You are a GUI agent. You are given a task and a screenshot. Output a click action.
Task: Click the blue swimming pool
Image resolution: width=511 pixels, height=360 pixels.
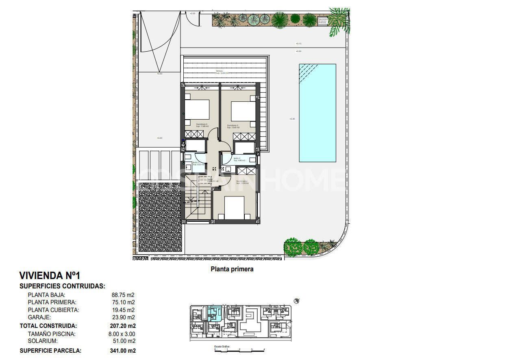point(317,113)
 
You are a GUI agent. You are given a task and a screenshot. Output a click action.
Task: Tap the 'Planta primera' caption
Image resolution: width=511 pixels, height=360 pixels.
point(232,269)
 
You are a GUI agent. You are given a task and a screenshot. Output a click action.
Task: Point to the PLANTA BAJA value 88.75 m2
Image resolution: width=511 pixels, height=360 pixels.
point(123,295)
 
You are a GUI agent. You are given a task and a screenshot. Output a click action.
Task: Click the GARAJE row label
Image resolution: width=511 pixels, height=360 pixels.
point(39,317)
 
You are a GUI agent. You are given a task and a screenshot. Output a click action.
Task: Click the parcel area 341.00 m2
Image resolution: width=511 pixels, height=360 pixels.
point(123,350)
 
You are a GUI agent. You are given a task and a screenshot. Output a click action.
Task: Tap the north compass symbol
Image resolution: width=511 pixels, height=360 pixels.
point(297,301)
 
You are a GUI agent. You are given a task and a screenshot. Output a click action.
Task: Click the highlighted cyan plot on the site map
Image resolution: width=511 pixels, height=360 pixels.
point(214,313)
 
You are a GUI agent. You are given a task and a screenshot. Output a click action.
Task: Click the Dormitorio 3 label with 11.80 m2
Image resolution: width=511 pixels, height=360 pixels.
point(202,125)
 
